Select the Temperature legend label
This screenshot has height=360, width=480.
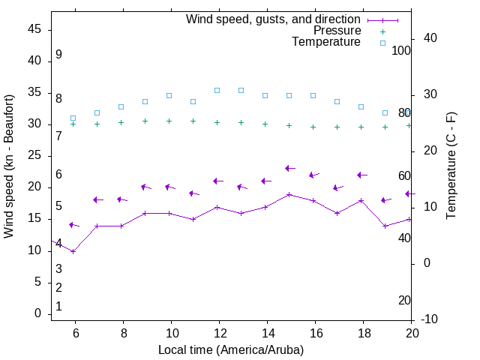tap(326, 42)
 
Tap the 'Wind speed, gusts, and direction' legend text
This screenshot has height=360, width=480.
tap(274, 19)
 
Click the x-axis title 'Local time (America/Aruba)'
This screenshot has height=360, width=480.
tap(231, 349)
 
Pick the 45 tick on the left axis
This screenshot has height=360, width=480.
tap(34, 29)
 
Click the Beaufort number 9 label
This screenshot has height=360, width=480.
tap(58, 55)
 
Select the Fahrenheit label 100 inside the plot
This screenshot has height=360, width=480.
tap(401, 50)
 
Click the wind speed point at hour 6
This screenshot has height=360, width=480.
tap(73, 251)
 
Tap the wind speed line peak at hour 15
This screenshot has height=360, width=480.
tap(289, 194)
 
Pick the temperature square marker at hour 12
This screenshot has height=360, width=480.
tap(217, 90)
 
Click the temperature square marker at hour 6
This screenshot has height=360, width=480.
tap(73, 118)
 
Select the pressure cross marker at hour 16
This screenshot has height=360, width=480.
tap(313, 127)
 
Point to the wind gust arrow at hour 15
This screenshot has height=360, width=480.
tap(290, 169)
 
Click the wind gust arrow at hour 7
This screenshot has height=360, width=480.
tap(98, 199)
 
